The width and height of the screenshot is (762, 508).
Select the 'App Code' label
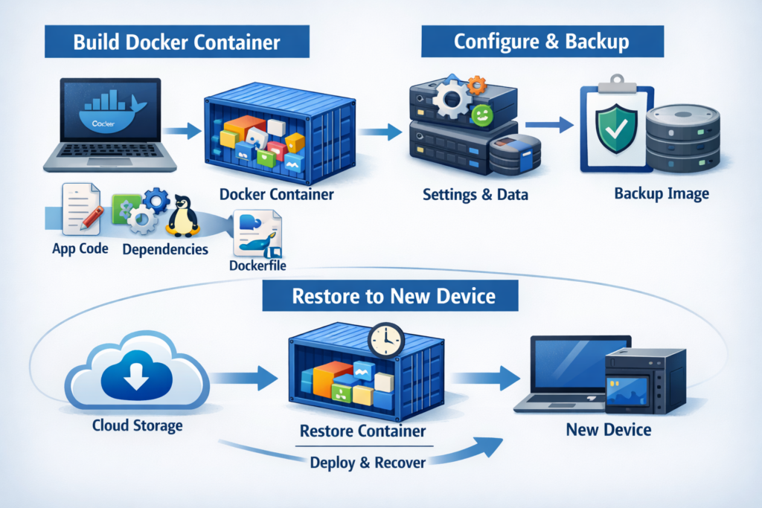click(80, 248)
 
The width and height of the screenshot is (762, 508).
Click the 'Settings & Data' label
click(475, 196)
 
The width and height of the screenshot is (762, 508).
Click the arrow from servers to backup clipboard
click(547, 126)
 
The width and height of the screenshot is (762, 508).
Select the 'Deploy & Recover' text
click(367, 462)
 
